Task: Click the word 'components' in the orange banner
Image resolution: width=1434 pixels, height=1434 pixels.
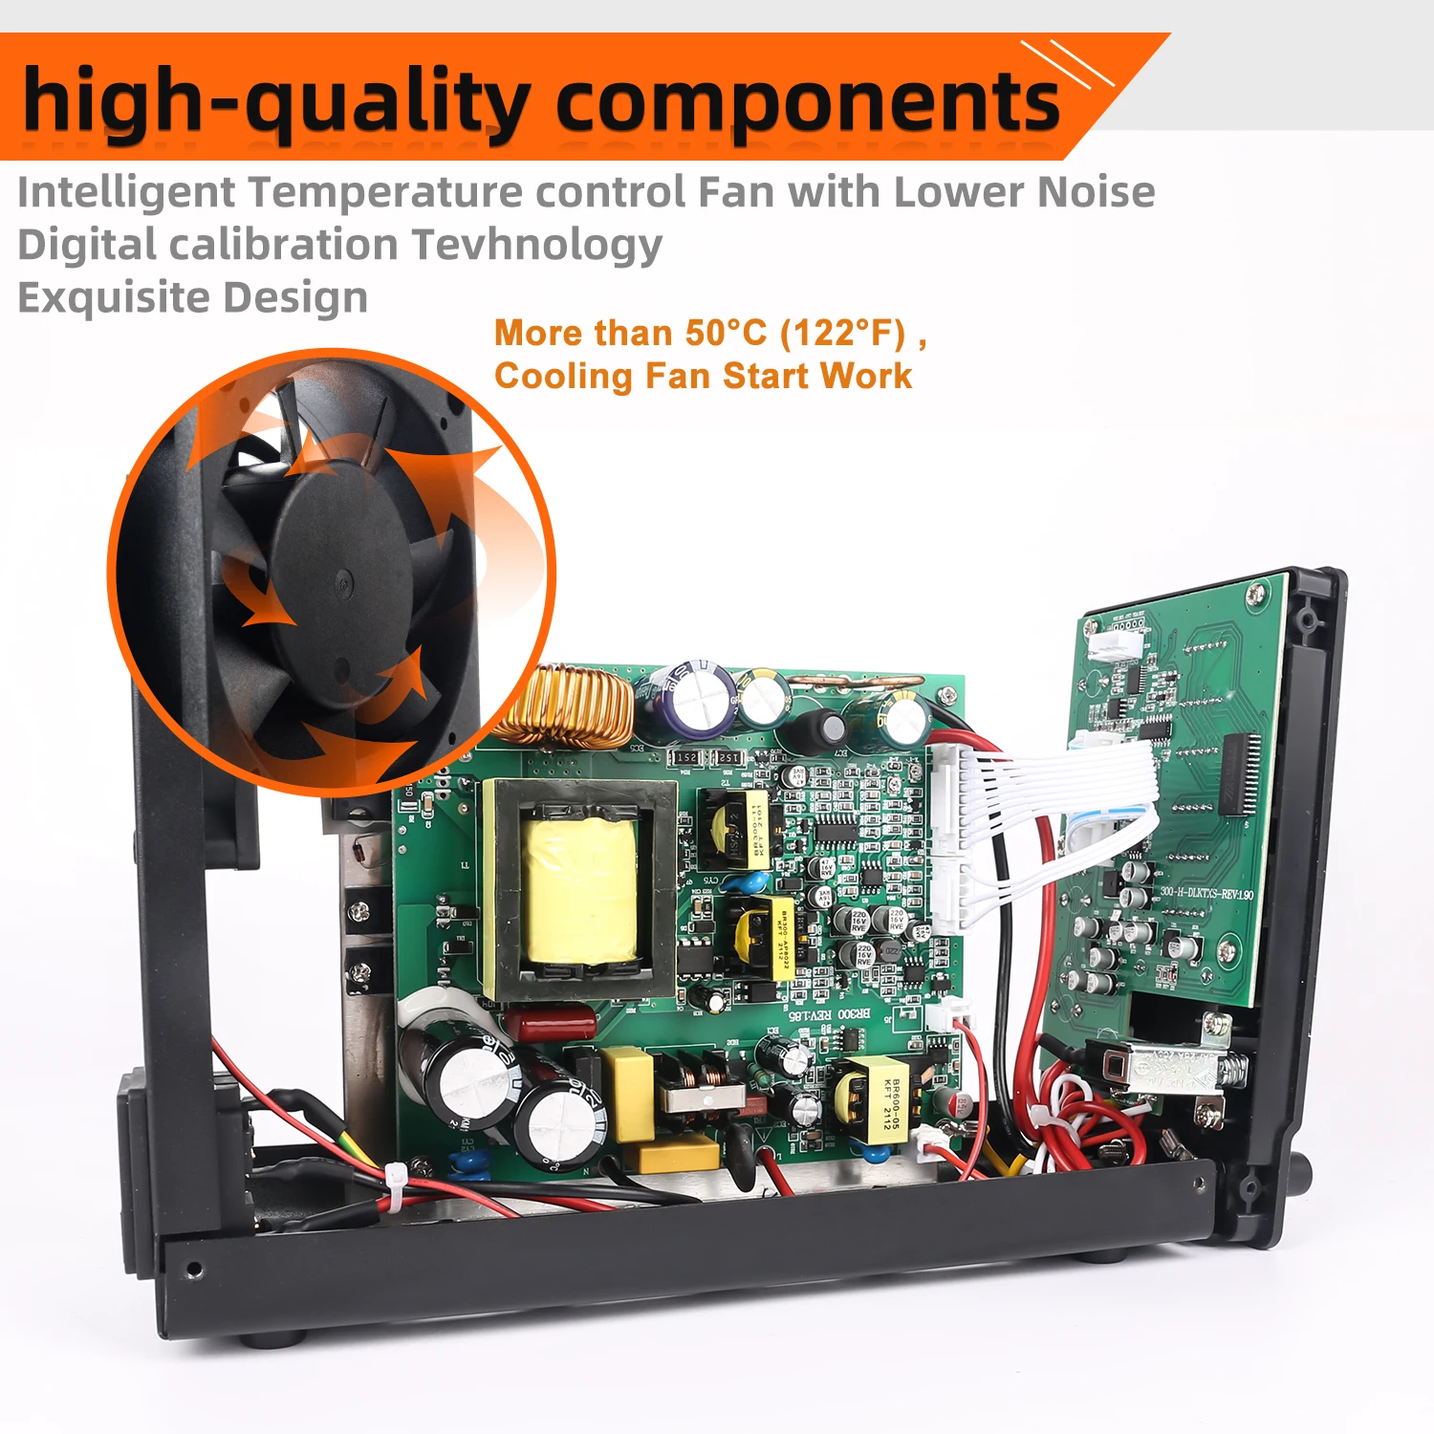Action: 808,103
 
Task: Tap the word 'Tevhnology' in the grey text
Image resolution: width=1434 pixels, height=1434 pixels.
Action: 537,245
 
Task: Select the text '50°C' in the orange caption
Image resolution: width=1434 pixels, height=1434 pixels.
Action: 726,333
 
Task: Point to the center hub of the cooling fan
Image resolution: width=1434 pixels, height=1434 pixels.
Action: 341,577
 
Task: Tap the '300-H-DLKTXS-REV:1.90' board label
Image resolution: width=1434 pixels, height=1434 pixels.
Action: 1206,894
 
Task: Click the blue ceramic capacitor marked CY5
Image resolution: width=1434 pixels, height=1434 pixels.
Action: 754,880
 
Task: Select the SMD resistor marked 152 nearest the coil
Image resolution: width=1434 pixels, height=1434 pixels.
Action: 686,757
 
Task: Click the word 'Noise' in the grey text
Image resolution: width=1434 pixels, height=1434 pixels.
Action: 1096,192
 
